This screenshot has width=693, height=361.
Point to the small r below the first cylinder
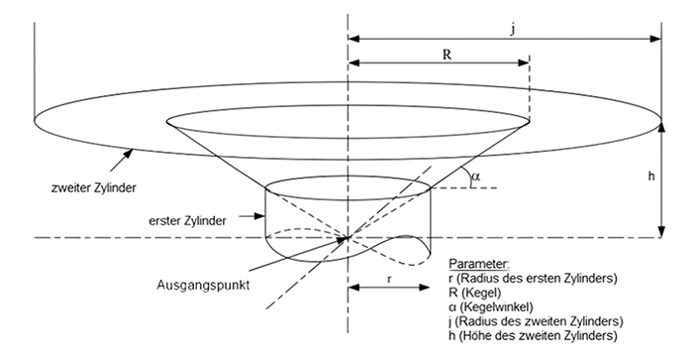pos(390,280)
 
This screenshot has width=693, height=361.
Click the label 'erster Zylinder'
pos(187,218)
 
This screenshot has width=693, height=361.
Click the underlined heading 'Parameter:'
pos(480,264)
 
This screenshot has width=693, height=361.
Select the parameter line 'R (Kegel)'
pos(476,293)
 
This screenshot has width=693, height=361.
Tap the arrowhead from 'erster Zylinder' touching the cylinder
pos(263,216)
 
